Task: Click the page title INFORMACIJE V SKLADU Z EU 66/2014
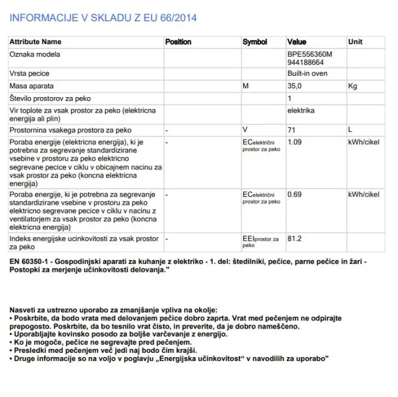103,17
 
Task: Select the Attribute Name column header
35,42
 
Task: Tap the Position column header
178,42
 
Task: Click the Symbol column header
255,42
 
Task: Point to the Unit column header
355,42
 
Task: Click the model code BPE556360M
310,54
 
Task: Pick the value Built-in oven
308,73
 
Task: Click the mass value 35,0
294,86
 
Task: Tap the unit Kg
353,86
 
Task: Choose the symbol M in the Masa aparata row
246,86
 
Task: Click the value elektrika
301,110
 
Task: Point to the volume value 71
291,129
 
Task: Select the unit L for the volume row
351,129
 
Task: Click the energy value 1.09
295,142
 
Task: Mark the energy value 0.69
295,194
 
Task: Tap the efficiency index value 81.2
295,238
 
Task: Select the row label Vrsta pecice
29,73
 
